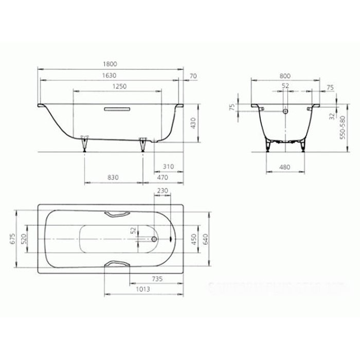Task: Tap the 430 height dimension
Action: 194,123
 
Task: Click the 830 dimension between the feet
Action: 114,177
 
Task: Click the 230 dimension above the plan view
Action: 163,191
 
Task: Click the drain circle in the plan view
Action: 155,239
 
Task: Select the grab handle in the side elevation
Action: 118,109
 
